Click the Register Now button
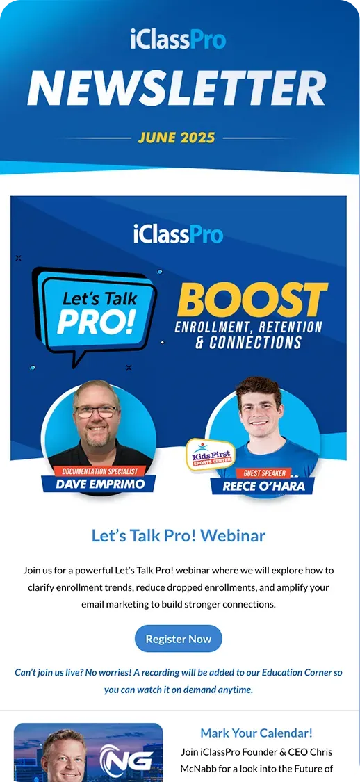(x=179, y=638)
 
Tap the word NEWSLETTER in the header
(x=177, y=89)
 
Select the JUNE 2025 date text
(x=177, y=138)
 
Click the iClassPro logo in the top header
(x=178, y=40)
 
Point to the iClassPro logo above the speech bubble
(x=178, y=233)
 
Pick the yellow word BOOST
(x=252, y=300)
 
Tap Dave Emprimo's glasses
(x=97, y=411)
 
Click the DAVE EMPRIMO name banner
(x=98, y=484)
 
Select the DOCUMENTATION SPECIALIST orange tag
(x=99, y=471)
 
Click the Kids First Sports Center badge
(x=211, y=455)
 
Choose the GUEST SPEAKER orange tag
(x=264, y=473)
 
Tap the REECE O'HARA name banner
(x=263, y=486)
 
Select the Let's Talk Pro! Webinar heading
(x=179, y=536)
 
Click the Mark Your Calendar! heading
(x=256, y=733)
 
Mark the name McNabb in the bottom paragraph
(x=197, y=769)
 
